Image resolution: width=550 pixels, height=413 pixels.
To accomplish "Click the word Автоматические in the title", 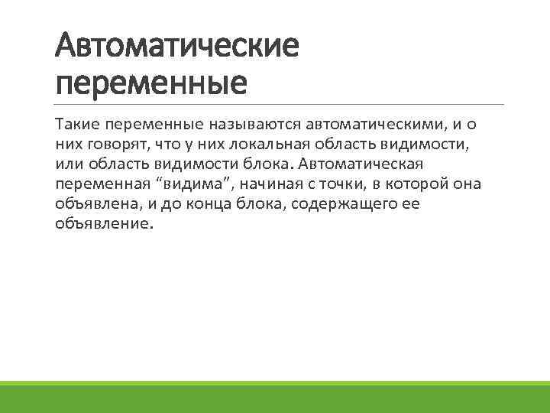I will (176, 47).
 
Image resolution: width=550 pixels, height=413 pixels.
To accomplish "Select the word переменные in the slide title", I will (151, 82).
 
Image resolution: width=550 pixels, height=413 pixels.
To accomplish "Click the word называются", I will (260, 124).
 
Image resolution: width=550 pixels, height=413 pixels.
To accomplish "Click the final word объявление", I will (104, 226).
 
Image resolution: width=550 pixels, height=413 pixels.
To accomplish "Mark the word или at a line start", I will (68, 164).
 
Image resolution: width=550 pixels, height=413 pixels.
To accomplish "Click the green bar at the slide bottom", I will (275, 397).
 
